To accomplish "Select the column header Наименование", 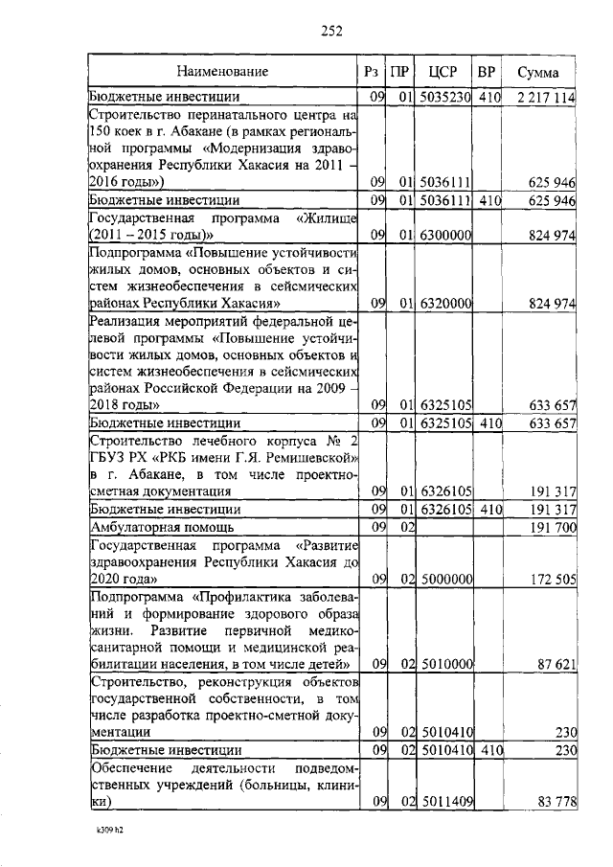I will pos(222,71).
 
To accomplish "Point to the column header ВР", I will pos(487,71).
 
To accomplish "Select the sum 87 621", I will pos(555,664).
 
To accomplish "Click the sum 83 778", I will pos(555,801).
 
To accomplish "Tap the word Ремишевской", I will pos(304,457).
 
